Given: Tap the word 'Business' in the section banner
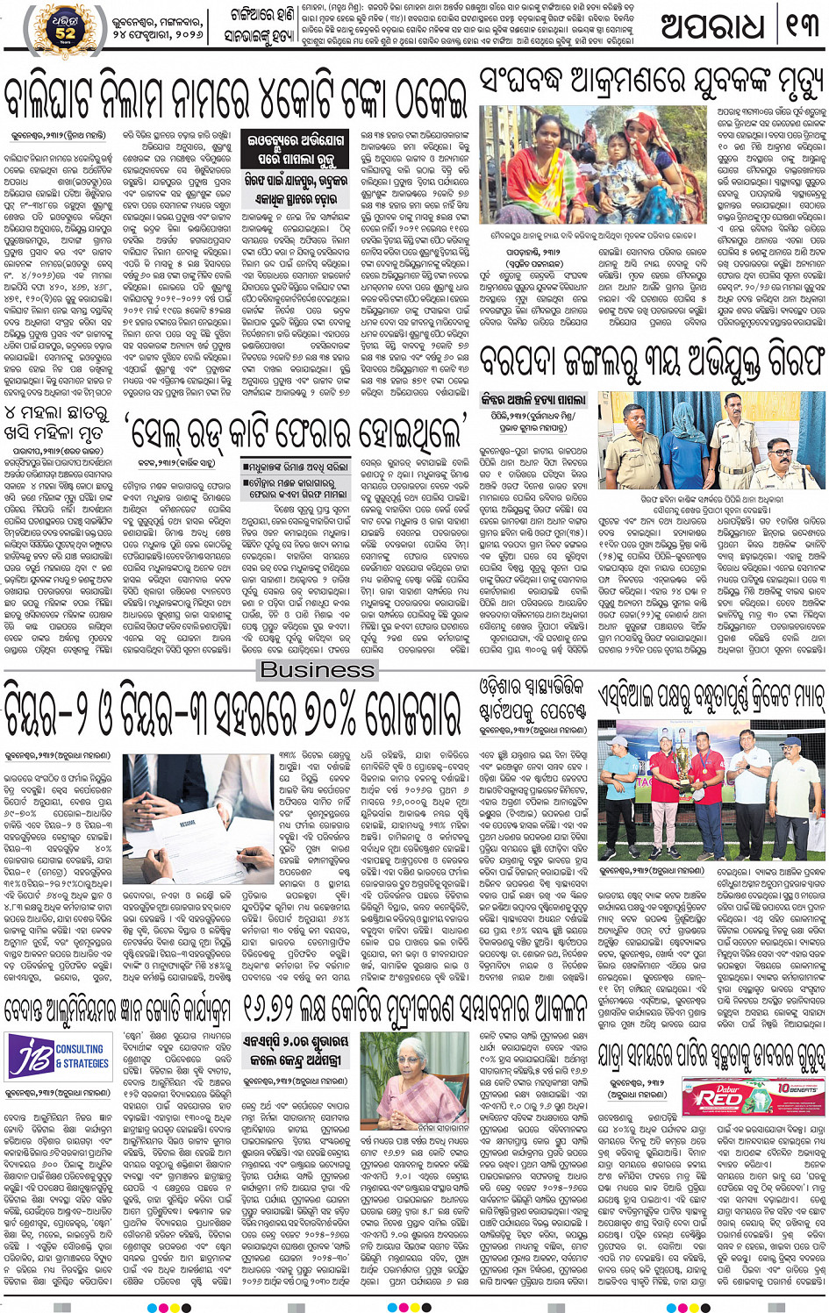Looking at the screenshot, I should tap(318, 669).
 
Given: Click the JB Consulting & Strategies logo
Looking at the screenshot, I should tap(58, 1056).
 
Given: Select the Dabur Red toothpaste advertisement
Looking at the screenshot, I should tap(752, 1096).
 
